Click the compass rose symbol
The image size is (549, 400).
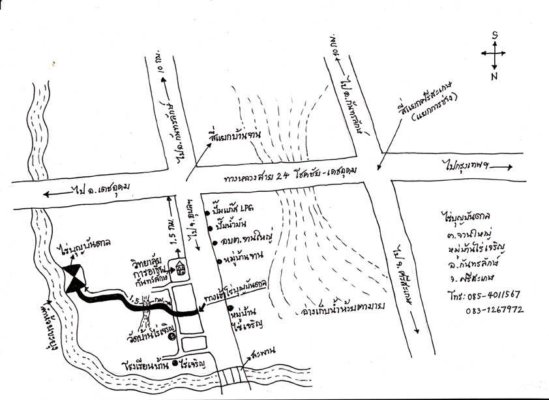click(494, 52)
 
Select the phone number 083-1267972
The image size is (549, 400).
click(494, 310)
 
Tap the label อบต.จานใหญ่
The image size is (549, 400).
click(241, 243)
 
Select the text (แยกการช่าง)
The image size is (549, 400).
click(434, 108)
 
